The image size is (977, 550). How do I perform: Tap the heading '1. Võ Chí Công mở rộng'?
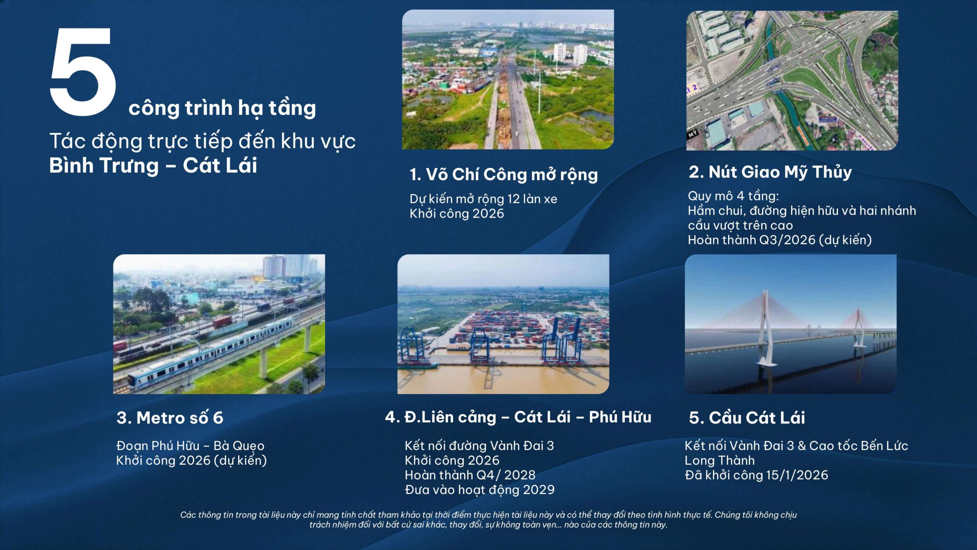tap(503, 175)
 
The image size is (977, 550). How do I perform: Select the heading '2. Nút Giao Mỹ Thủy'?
tap(770, 172)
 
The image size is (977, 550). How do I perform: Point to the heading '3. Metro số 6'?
tap(170, 417)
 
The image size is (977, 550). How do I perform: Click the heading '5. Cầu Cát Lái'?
tap(747, 417)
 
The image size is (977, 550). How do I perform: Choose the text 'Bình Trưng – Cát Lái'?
tap(153, 165)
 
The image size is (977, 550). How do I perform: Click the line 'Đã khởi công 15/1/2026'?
tap(756, 475)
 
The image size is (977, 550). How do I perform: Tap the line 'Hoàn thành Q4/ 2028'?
tap(470, 475)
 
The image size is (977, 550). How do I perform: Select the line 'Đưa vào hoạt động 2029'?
tap(479, 490)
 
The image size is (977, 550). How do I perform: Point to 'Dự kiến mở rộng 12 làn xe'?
tap(483, 199)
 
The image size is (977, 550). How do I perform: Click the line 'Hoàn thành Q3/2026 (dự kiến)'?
tap(780, 240)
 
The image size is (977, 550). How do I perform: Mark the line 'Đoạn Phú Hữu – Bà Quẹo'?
tap(190, 446)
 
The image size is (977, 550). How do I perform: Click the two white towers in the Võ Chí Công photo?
tap(570, 53)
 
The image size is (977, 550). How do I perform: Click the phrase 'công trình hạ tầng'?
tap(222, 108)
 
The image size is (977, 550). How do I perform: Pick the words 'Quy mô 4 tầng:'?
tap(733, 196)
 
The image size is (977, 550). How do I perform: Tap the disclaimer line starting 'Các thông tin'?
tap(488, 515)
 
